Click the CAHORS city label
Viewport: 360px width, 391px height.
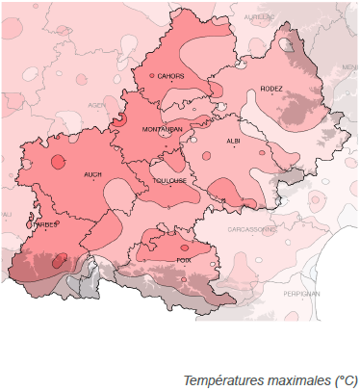pos(171,75)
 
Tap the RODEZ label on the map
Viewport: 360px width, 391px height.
pos(271,90)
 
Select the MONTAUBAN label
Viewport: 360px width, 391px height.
pos(162,129)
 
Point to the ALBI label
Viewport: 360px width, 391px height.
pos(233,141)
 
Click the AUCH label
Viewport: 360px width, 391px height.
pos(92,174)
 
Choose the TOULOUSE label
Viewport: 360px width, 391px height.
pos(169,180)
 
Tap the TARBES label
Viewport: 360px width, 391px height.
pos(45,225)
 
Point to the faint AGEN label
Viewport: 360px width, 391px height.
pos(96,104)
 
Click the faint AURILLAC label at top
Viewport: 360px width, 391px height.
pos(260,17)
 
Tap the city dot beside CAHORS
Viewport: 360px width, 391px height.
pos(151,75)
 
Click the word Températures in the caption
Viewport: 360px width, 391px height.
pos(219,381)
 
